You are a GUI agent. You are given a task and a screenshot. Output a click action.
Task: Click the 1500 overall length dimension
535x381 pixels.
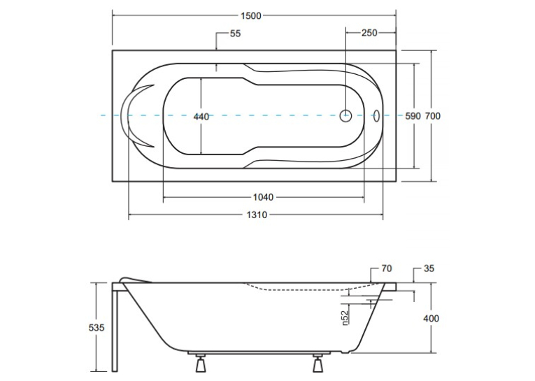pos(251,15)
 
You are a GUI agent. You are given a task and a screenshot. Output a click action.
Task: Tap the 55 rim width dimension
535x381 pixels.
pos(236,34)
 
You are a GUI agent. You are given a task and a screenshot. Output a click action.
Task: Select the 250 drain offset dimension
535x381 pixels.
pos(369,33)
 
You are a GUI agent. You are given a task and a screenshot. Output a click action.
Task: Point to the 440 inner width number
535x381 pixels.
pos(201,117)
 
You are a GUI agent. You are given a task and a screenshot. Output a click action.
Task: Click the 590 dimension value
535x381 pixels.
pos(413,116)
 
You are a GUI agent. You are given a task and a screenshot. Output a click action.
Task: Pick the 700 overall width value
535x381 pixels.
pos(433,116)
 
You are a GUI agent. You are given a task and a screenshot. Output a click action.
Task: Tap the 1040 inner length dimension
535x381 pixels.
pos(263,197)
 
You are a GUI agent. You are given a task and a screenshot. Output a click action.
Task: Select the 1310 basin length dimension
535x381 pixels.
pos(257,215)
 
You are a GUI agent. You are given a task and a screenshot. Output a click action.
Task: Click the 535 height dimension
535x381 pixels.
pos(97,327)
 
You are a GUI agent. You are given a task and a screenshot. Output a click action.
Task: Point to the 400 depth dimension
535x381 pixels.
pos(431,319)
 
